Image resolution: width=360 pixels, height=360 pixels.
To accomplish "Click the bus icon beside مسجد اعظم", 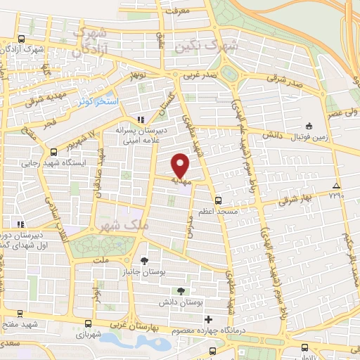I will click(218, 200).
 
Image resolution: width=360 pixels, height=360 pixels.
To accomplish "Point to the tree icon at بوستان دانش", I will click(181, 291).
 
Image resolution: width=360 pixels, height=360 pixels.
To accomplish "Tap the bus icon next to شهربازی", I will click(87, 324).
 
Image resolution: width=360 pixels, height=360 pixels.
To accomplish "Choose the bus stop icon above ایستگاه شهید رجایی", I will click(54, 151).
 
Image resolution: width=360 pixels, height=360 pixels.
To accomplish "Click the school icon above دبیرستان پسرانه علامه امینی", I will click(141, 119).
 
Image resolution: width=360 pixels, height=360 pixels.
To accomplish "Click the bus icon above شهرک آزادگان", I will click(22, 39).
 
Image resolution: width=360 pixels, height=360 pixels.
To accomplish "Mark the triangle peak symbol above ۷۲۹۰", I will click(338, 186).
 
